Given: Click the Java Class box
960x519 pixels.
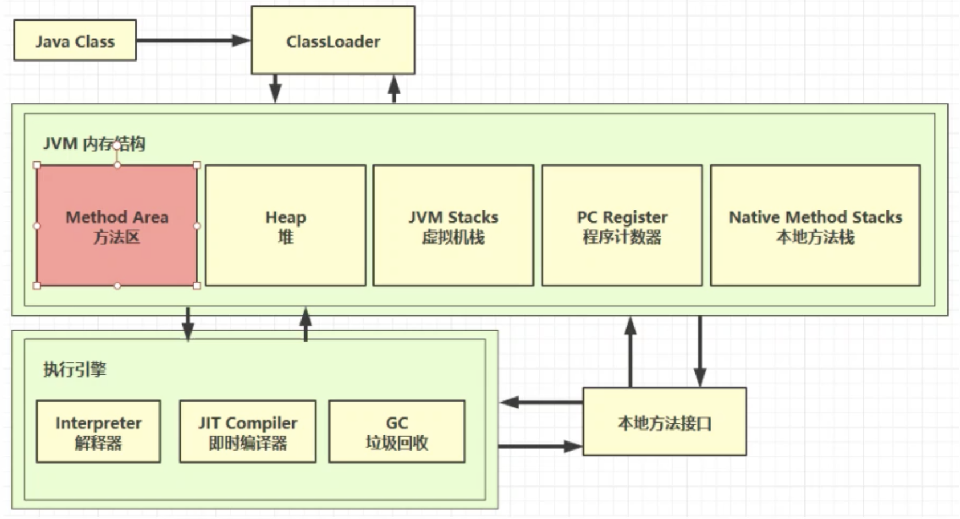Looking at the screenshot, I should click(75, 40).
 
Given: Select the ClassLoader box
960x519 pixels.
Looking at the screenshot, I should click(333, 40).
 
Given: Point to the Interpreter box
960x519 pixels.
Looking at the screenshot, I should click(98, 431).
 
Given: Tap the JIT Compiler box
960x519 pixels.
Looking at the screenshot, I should click(247, 431).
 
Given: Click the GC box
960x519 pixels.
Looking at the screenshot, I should click(397, 431).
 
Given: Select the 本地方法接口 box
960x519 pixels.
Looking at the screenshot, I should click(664, 422).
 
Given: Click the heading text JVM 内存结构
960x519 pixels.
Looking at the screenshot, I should click(94, 143).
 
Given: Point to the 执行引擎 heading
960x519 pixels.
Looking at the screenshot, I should click(75, 369).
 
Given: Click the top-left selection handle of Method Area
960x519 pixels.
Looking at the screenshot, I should click(37, 165).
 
